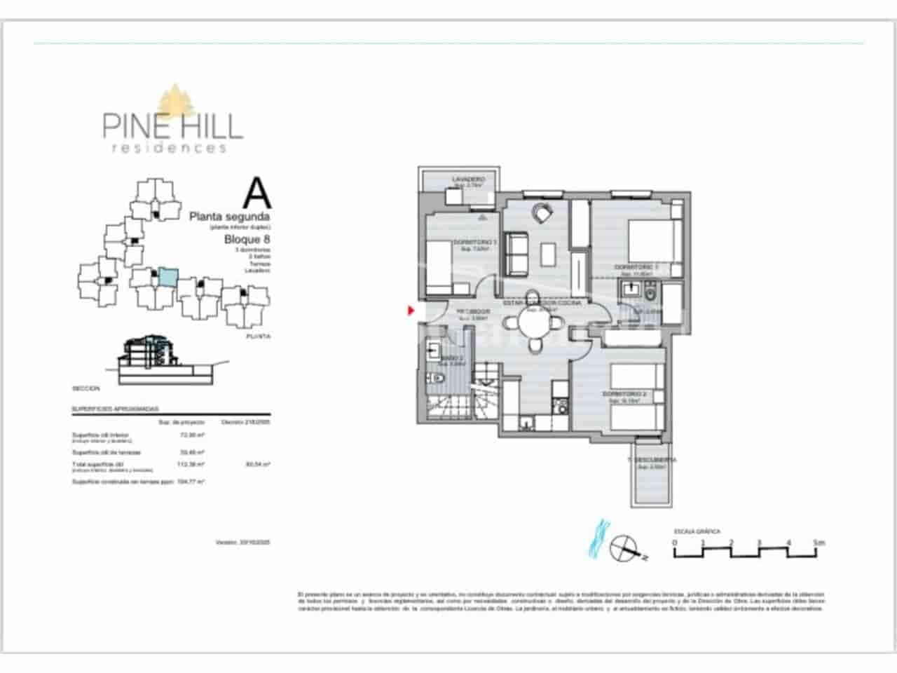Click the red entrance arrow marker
(411, 310)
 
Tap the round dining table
(535, 324)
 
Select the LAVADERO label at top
(468, 179)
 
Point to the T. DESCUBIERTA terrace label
(652, 460)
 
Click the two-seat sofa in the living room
(517, 253)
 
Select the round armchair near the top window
(542, 211)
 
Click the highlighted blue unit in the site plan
(167, 276)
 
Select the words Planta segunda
(230, 217)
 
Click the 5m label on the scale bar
(819, 542)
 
